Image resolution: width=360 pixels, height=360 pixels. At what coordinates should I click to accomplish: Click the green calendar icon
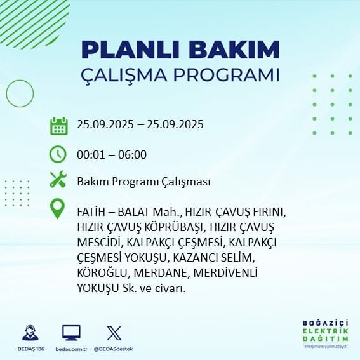(x=59, y=126)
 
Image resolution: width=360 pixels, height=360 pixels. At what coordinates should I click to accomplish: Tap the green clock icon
(x=58, y=154)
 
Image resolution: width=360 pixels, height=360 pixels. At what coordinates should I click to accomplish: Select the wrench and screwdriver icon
(x=58, y=179)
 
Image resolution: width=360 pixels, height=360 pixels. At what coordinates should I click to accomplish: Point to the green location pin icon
(x=57, y=208)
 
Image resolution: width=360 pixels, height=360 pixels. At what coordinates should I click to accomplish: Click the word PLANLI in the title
(x=130, y=50)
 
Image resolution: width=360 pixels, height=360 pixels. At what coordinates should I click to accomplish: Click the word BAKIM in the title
(x=234, y=50)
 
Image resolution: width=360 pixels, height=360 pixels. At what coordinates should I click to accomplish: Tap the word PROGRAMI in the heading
(x=227, y=76)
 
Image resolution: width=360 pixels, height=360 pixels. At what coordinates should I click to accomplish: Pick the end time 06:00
(x=132, y=154)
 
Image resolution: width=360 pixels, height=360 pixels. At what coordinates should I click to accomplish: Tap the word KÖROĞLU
(x=102, y=272)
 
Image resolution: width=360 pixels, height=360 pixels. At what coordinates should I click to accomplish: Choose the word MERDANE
(x=161, y=273)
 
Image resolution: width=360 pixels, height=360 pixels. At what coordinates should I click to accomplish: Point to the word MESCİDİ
(x=99, y=242)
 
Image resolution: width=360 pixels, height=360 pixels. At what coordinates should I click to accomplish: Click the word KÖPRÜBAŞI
(x=174, y=227)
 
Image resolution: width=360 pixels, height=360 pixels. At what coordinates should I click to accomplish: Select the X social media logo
(x=114, y=333)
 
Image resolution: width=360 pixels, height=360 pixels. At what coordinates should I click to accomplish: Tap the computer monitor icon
(x=71, y=333)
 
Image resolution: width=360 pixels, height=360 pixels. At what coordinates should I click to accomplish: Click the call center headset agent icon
(x=30, y=333)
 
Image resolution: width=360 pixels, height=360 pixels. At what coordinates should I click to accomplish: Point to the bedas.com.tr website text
(x=71, y=349)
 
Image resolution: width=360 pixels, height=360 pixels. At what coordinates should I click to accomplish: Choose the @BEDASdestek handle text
(x=114, y=349)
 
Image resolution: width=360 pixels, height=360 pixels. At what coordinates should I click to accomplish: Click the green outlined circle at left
(x=6, y=93)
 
